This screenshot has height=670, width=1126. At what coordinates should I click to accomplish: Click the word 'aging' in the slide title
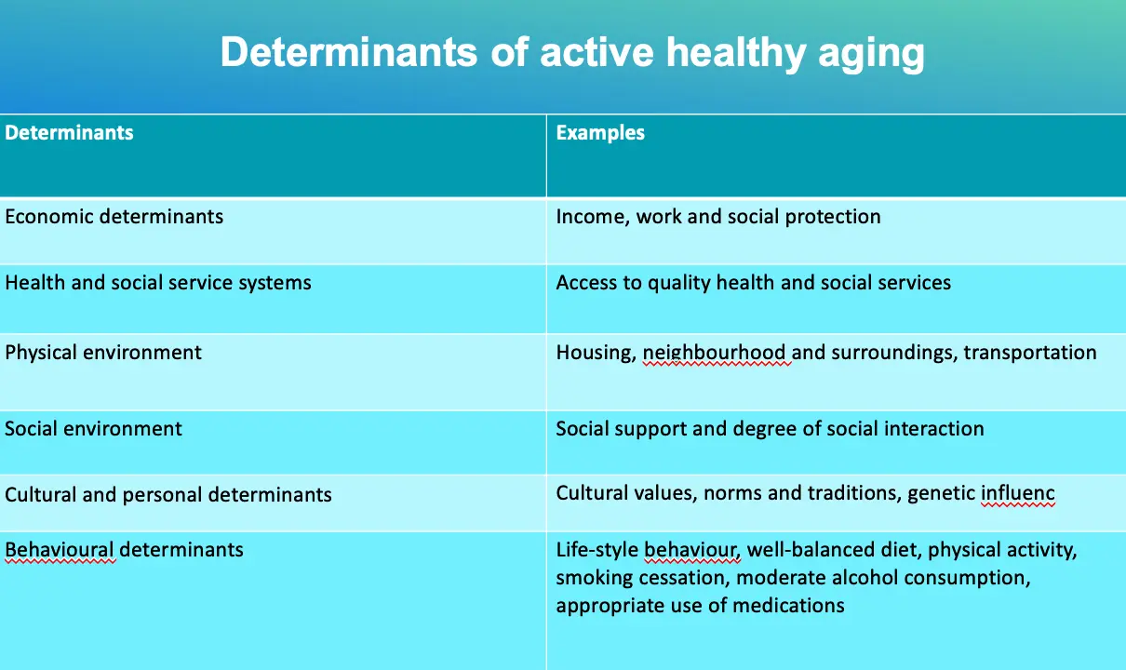[871, 53]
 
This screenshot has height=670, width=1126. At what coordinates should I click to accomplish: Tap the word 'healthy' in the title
[736, 53]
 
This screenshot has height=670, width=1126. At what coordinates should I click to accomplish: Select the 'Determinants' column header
[70, 133]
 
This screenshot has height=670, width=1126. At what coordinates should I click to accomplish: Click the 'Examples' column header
[600, 133]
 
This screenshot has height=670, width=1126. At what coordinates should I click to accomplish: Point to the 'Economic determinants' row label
[114, 217]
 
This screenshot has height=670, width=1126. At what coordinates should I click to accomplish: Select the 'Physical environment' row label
[103, 353]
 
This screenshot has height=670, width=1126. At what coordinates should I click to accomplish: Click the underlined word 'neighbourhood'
[715, 353]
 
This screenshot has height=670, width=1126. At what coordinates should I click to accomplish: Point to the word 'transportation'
[1029, 353]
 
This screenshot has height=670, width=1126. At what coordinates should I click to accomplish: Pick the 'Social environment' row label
[93, 429]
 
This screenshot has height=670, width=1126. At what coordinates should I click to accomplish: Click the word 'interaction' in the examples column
[933, 429]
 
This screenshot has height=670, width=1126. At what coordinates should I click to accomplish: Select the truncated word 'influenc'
[1018, 493]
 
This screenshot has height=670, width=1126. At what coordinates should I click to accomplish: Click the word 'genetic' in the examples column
[941, 494]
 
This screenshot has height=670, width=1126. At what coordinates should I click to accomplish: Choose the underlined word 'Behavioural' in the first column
[60, 550]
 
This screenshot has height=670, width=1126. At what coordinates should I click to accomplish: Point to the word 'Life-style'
[597, 551]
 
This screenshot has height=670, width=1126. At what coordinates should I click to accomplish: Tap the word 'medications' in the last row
[788, 606]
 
